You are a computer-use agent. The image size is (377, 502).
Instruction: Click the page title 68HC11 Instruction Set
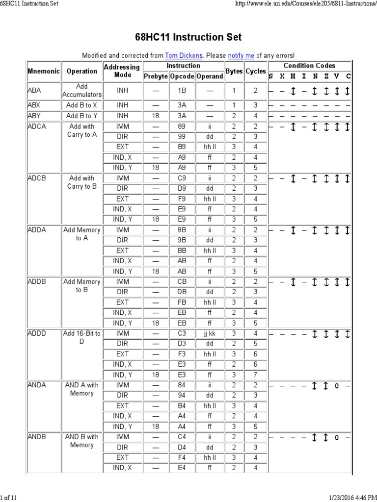pos(188,38)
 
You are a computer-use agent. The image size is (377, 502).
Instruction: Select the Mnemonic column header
pos(43,71)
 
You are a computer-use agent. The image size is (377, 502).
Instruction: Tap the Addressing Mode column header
pos(122,71)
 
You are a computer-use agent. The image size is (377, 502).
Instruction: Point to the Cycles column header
pos(256,71)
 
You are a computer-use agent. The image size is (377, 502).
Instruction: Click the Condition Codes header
pos(309,66)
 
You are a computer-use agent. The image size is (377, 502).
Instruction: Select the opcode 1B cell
pos(182,91)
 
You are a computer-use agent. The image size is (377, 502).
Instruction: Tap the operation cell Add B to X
pos(82,105)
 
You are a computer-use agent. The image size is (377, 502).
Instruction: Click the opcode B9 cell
pos(182,147)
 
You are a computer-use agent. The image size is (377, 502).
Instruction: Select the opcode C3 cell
pos(182,333)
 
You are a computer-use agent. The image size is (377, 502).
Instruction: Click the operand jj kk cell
pos(210,333)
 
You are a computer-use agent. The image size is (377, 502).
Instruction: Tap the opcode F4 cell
pos(182,457)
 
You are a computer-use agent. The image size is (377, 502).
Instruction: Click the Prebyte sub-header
pos(156,76)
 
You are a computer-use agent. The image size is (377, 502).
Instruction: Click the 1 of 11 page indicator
pos(9,498)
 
